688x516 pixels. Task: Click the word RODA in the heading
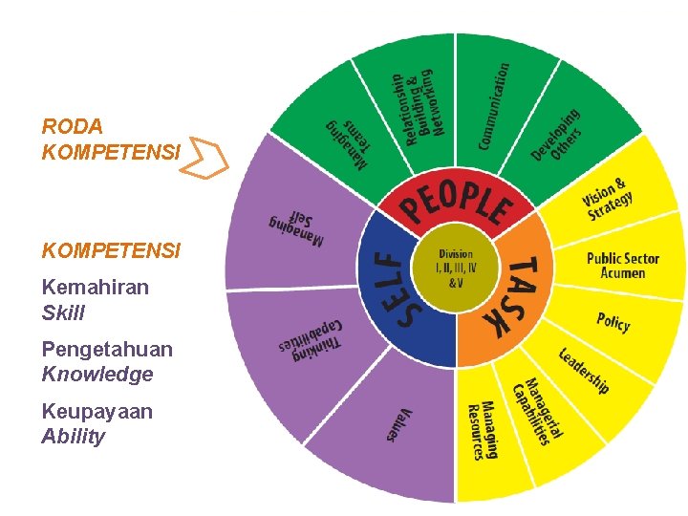(73, 126)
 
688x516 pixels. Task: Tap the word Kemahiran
(96, 288)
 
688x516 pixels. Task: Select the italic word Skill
(63, 312)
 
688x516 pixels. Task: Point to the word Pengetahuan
(107, 350)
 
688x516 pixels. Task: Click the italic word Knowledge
(97, 375)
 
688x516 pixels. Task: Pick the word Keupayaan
(97, 412)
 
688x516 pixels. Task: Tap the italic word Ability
(74, 437)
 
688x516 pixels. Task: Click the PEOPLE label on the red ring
(456, 202)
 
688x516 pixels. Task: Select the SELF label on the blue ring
(386, 286)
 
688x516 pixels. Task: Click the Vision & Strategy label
(609, 199)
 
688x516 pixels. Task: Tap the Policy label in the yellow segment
(613, 321)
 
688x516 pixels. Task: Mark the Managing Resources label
(482, 430)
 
